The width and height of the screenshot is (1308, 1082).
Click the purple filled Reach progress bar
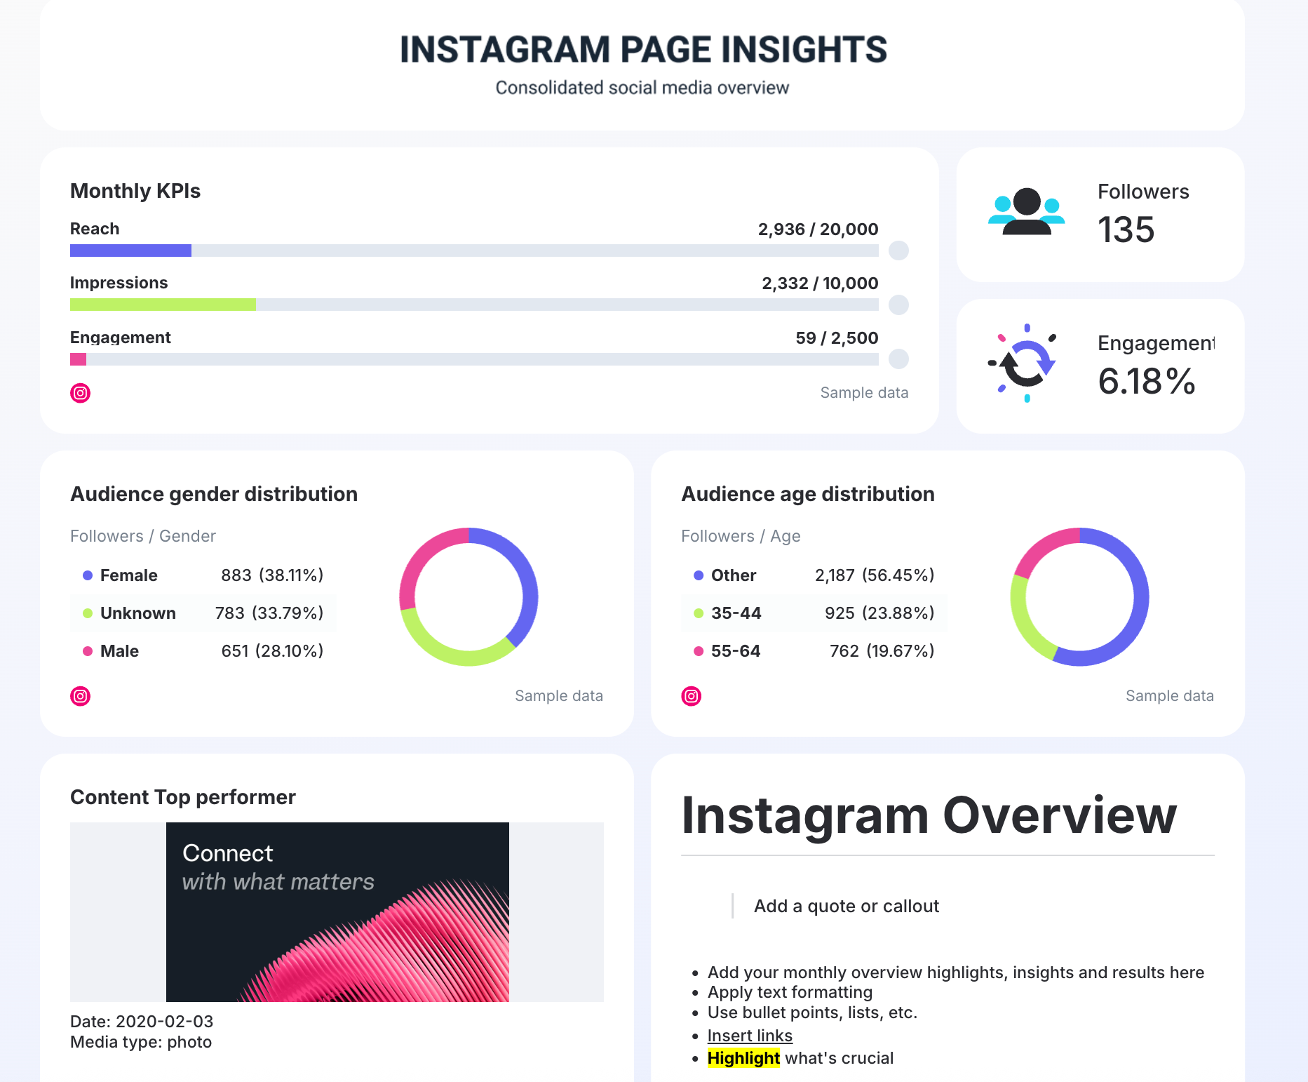tap(130, 251)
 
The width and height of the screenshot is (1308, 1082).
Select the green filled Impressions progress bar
tap(163, 305)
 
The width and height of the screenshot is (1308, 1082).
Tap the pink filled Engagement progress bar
tap(78, 359)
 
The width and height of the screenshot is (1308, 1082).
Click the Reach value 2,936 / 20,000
tap(818, 229)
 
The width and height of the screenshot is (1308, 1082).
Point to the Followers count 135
tap(1126, 230)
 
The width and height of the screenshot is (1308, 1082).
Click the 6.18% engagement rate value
tap(1146, 382)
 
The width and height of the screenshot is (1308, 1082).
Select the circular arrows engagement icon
tap(1026, 363)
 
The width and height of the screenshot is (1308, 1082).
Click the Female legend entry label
tap(128, 575)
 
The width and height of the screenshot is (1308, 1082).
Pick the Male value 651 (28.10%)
tap(272, 651)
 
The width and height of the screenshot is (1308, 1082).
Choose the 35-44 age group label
tap(736, 613)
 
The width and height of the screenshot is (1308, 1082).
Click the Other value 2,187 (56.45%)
tap(874, 575)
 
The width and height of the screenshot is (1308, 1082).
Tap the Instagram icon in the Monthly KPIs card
tap(81, 393)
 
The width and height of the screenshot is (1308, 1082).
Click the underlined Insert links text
tap(750, 1036)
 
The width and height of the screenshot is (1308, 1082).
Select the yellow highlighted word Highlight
tap(743, 1058)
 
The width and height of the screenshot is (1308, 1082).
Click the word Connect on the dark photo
tap(228, 853)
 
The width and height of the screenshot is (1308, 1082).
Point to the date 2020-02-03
tap(164, 1022)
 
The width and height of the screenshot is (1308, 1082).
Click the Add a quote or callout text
tap(846, 907)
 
